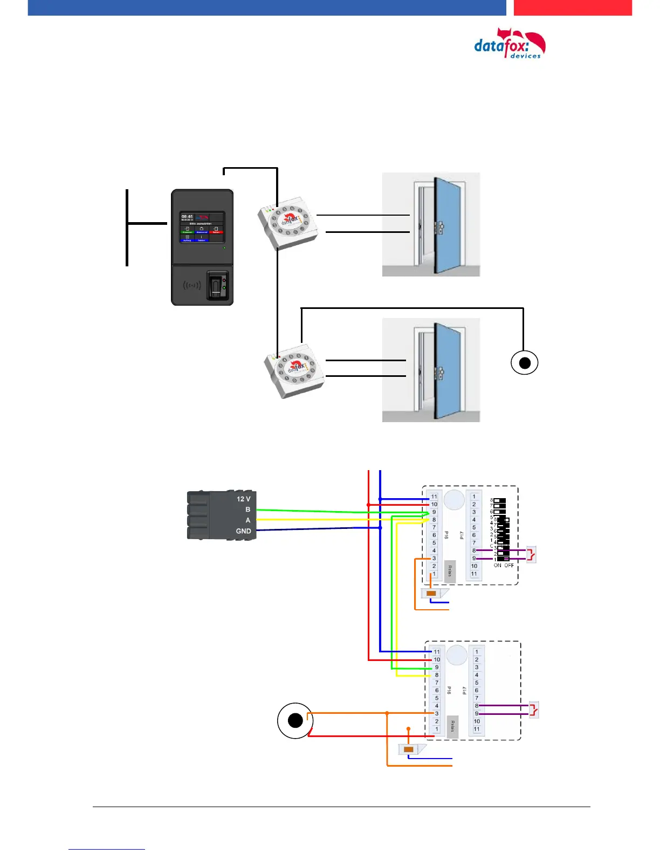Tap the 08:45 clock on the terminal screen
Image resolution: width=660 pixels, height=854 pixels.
[187, 217]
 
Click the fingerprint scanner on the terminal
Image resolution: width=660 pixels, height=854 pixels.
[217, 285]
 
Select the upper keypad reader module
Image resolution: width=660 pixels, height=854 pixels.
[288, 226]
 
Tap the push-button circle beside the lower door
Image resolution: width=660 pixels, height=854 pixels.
[524, 362]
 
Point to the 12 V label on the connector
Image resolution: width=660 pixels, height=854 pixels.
[243, 499]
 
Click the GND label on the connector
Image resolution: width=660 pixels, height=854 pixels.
[243, 531]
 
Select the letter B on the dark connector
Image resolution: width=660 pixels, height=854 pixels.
[247, 509]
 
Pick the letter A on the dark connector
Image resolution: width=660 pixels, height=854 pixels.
[247, 520]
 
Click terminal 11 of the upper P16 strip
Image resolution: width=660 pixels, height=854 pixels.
[434, 497]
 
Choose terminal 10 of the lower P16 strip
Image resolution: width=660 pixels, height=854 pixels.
[437, 659]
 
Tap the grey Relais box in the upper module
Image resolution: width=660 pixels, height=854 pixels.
[450, 571]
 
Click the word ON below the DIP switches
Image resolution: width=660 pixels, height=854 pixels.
[497, 566]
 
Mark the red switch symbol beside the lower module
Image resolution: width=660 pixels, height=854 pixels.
[534, 710]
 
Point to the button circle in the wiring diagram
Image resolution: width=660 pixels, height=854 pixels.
[295, 720]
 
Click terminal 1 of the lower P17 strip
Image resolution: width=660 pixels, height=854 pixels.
[477, 652]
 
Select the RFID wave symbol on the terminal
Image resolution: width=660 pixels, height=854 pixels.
[191, 285]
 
